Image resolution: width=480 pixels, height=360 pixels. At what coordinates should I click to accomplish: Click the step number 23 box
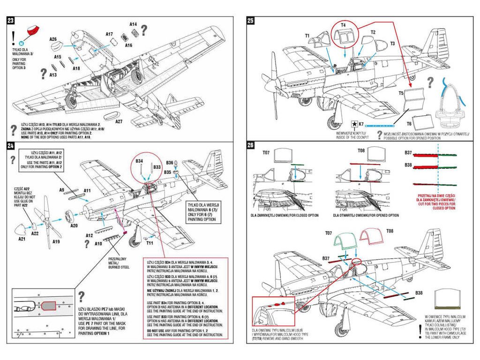click(10, 21)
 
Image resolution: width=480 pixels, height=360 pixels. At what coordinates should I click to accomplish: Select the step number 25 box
click(250, 21)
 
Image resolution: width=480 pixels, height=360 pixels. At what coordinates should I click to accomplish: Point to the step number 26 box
click(250, 146)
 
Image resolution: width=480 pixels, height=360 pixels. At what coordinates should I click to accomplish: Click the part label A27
click(119, 122)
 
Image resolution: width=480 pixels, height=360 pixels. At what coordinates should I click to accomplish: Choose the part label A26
click(53, 39)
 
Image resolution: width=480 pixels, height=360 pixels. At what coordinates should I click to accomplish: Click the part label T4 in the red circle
click(343, 24)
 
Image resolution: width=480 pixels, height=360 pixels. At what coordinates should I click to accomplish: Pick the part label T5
click(401, 93)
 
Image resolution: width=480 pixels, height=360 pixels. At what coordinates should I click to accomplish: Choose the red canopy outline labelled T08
click(371, 235)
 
